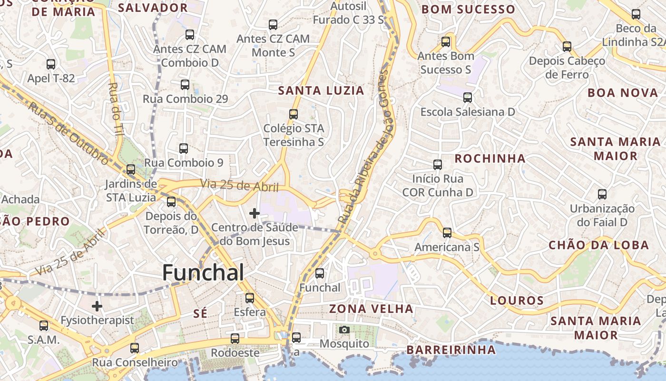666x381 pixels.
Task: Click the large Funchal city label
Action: [x=203, y=272]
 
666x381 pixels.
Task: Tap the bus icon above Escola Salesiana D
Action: [x=468, y=98]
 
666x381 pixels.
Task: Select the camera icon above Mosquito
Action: [x=344, y=330]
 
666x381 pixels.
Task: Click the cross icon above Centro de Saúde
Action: [x=255, y=213]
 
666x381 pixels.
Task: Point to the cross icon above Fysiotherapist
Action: [x=97, y=306]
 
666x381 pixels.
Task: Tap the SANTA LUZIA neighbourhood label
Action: [x=321, y=90]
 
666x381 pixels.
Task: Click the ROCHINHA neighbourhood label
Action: [x=490, y=159]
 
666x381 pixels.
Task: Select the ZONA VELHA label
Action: [x=372, y=309]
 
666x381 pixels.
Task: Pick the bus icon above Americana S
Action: [x=447, y=233]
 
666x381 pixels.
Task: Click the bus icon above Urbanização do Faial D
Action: [x=602, y=194]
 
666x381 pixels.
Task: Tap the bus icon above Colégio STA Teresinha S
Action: [x=294, y=114]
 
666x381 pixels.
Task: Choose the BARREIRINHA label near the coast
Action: [x=451, y=350]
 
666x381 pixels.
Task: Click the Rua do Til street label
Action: [x=116, y=110]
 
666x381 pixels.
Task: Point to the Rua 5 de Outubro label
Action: [x=69, y=132]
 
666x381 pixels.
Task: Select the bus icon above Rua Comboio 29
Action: [x=185, y=85]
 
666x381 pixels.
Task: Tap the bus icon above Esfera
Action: [x=250, y=298]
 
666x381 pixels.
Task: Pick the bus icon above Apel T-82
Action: [x=51, y=64]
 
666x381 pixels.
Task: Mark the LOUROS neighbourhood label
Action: [x=517, y=301]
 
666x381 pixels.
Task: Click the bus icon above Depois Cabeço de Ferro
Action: [x=567, y=47]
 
